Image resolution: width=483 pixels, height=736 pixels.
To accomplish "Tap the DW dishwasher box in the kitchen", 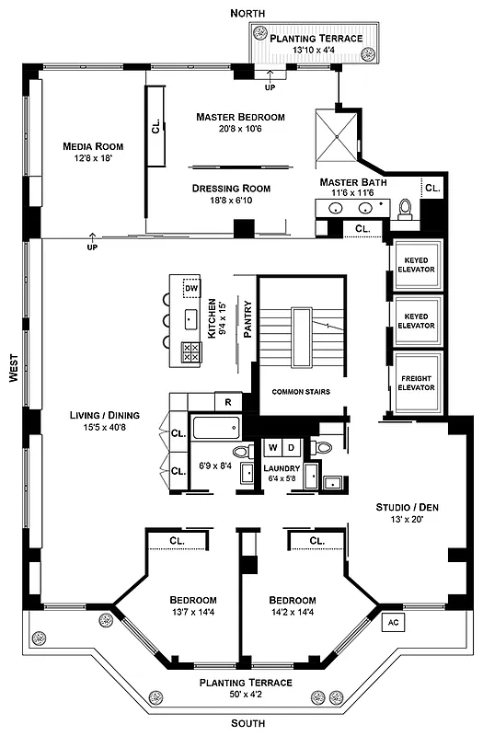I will point(191,289).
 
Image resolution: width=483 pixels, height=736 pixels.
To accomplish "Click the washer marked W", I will point(273,448).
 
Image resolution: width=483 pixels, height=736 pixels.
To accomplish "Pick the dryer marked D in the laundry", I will point(292,448).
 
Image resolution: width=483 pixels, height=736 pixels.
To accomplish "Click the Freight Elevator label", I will point(417,382).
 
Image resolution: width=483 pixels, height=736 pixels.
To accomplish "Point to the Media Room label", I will point(93,146).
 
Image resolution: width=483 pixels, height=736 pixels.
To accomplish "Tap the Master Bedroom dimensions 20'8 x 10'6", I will point(240,130).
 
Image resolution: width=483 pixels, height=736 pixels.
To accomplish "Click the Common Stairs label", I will point(300,392).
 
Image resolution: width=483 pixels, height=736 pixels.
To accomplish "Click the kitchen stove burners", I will point(191,351).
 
